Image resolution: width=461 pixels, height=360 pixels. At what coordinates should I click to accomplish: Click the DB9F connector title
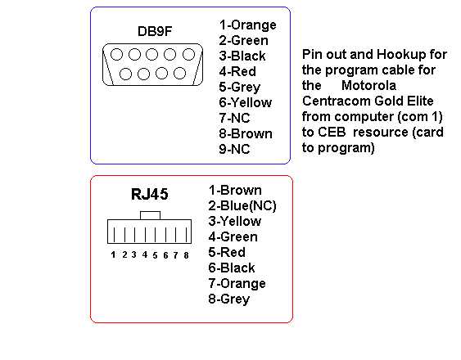coord(155,31)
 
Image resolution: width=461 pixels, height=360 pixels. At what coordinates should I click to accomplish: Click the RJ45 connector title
coord(149,194)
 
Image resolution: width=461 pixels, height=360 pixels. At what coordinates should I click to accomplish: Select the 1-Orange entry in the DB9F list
coord(247,25)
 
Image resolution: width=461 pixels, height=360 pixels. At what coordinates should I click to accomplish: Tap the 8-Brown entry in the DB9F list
coord(246,133)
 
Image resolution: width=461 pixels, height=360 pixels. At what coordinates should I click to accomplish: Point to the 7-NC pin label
coord(234,118)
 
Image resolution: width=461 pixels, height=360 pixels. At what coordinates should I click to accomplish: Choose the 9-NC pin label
coord(234,149)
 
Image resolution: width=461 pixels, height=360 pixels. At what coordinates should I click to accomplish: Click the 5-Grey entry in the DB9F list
coord(240,88)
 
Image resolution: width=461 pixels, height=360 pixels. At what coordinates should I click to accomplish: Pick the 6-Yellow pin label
coord(245,102)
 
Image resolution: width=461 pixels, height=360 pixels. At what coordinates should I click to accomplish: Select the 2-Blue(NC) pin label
coord(242,206)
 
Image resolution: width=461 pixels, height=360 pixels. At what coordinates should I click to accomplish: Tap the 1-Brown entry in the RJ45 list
coord(235,191)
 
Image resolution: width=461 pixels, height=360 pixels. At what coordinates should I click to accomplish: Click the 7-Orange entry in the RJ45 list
coord(237,284)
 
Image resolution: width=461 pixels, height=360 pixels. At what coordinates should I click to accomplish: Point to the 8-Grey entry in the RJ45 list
coord(228,299)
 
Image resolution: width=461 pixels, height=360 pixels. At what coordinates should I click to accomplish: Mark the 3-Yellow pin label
coord(235,221)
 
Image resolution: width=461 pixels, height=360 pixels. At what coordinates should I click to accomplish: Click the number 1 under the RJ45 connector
coord(113,254)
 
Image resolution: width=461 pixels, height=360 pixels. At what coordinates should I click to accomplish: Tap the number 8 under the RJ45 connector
coord(186,255)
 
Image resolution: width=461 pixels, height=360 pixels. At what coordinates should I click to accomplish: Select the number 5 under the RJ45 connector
coord(155,255)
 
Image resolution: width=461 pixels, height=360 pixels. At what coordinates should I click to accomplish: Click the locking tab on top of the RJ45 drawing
coord(150,215)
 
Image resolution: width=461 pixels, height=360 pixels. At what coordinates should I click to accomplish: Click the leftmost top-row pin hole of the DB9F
coord(117,54)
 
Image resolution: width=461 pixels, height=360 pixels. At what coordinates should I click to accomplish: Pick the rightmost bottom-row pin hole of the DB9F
coord(179,74)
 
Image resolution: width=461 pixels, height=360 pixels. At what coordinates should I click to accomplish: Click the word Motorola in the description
coord(368,86)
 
